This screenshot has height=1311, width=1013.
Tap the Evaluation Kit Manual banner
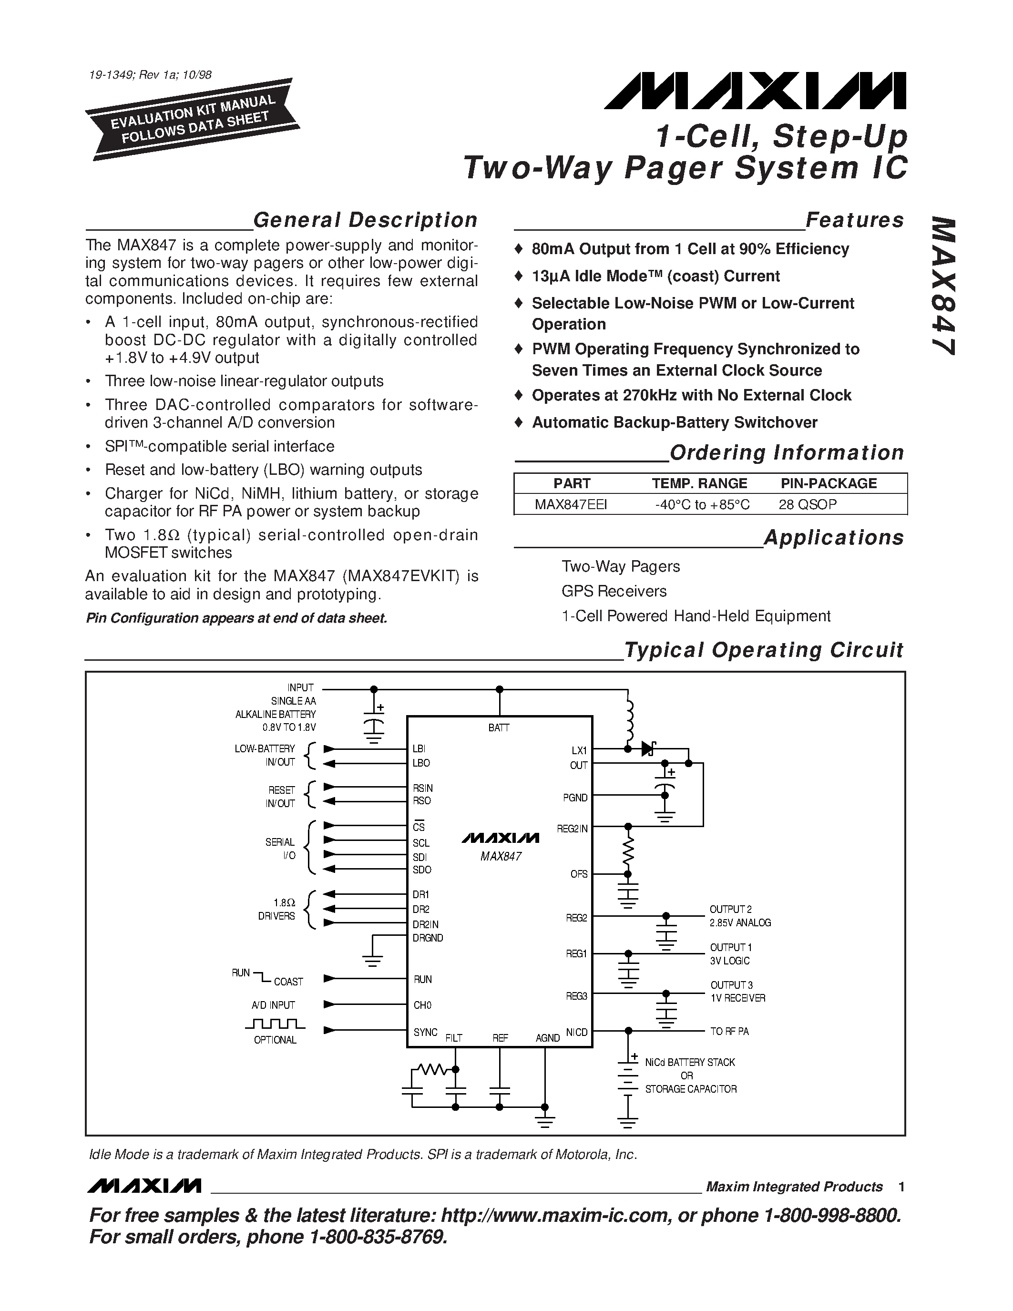coord(193,120)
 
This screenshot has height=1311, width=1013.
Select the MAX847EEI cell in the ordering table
coord(571,504)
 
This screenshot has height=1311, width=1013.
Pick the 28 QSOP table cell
coord(807,504)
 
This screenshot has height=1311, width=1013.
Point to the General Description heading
coord(365,220)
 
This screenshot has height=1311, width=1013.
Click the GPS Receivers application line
coord(614,591)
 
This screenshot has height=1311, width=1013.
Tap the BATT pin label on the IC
coord(499,727)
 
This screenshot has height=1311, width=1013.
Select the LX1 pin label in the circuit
coord(579,750)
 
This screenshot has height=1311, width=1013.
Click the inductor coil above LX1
coord(628,721)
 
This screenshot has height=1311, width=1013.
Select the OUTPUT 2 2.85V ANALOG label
coord(740,916)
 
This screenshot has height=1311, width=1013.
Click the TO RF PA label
coord(729,1032)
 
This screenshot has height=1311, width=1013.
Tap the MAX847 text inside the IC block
coord(501,857)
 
